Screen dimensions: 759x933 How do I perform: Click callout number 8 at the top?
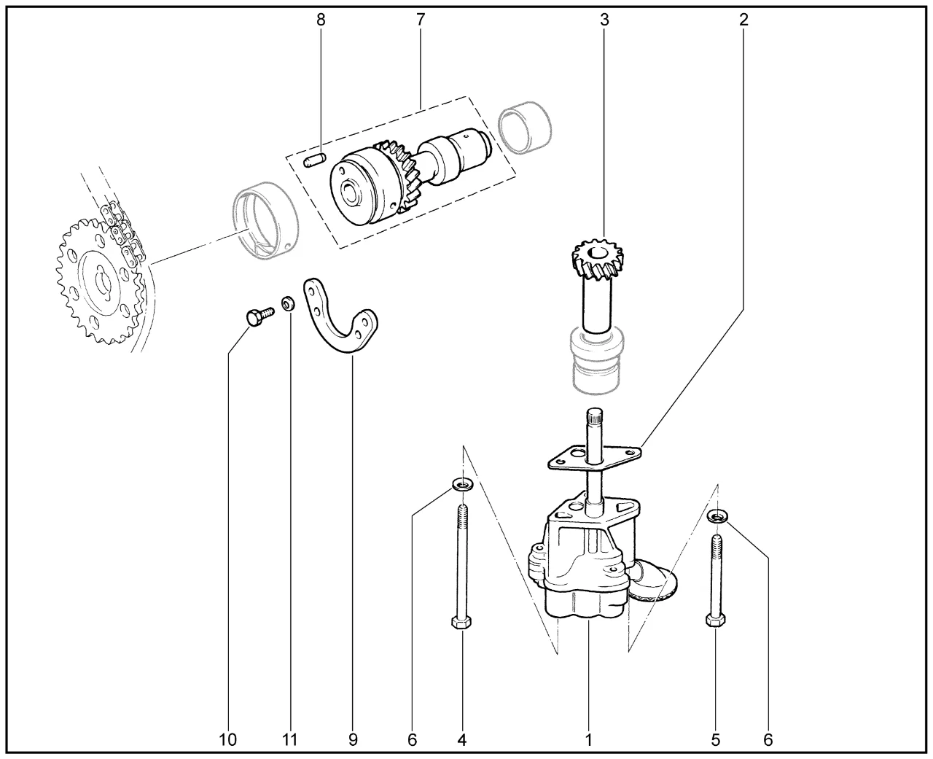coord(321,20)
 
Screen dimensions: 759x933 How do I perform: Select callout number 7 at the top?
coord(420,20)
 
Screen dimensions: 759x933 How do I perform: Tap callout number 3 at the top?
coord(604,20)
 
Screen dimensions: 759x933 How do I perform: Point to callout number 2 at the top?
coord(743,20)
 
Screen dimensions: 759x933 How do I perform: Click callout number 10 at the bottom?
coord(227,740)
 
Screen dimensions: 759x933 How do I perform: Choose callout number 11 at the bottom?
coord(290,740)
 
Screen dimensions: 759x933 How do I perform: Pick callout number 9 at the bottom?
coord(353,740)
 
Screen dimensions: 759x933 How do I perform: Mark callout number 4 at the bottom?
coord(461,740)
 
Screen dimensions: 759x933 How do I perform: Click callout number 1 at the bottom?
coord(587,740)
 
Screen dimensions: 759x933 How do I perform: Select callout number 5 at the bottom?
coord(715,740)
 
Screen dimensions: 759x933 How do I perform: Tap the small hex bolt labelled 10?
coord(254,316)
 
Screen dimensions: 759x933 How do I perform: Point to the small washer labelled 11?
coord(289,303)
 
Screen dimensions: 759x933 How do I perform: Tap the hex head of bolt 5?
coord(715,620)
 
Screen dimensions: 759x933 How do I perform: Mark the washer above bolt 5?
coord(718,517)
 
